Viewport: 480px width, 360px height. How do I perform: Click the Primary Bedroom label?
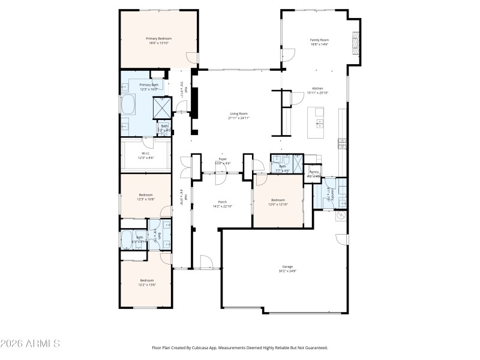tap(159, 38)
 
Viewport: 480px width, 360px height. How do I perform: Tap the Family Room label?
tap(319, 40)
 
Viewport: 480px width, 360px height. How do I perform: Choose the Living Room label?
tap(238, 113)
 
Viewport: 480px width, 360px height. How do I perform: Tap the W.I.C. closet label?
tap(146, 154)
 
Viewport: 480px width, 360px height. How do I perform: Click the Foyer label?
tap(221, 160)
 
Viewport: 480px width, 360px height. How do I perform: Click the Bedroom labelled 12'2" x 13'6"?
tap(147, 280)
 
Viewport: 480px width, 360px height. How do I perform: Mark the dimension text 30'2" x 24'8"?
tap(287, 271)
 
